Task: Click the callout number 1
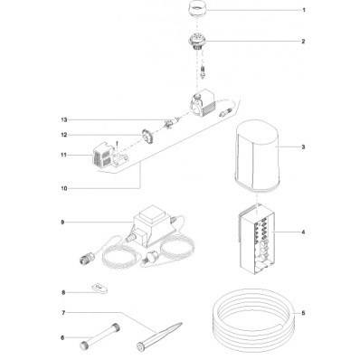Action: (x=304, y=10)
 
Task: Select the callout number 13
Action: (x=63, y=120)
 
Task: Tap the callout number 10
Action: (x=63, y=189)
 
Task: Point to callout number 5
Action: (x=303, y=313)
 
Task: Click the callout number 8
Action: (x=63, y=292)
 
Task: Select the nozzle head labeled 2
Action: (x=197, y=43)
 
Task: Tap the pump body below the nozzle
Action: (x=202, y=103)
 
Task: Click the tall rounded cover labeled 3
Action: (x=257, y=158)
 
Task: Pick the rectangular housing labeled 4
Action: (x=257, y=239)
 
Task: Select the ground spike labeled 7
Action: (x=159, y=336)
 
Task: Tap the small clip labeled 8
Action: (x=100, y=288)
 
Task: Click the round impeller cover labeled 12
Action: (x=147, y=137)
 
